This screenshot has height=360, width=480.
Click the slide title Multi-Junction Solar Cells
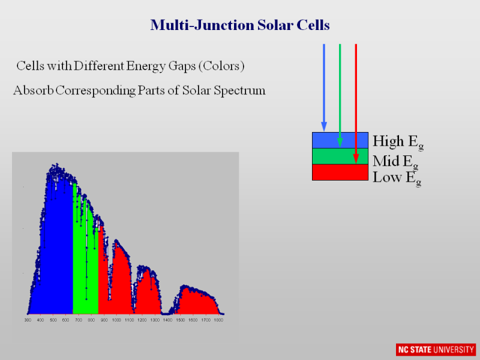[x=240, y=25]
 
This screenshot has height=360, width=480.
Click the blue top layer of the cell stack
[x=330, y=140]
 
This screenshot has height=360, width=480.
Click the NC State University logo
[x=435, y=349]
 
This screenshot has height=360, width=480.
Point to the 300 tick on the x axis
[x=28, y=320]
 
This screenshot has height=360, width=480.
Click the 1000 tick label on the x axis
[x=116, y=320]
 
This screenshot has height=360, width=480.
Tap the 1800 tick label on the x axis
[x=218, y=320]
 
